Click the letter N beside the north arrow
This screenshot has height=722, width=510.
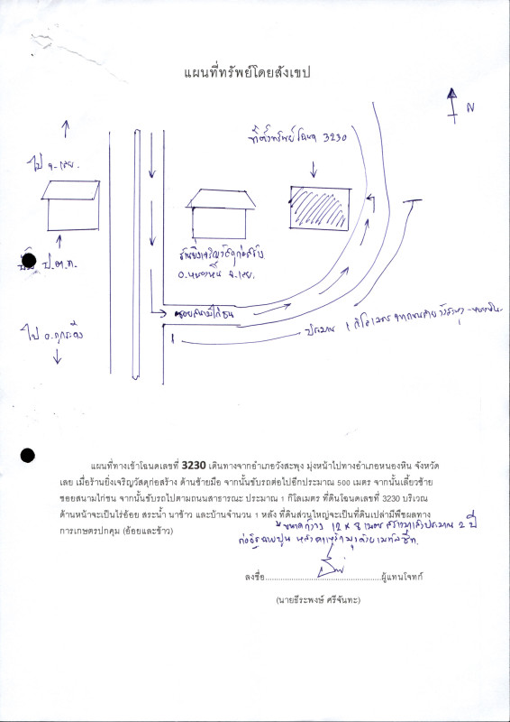[x=469, y=108]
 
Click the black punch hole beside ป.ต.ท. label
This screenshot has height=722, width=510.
[x=28, y=261]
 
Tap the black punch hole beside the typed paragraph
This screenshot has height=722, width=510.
[x=27, y=456]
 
